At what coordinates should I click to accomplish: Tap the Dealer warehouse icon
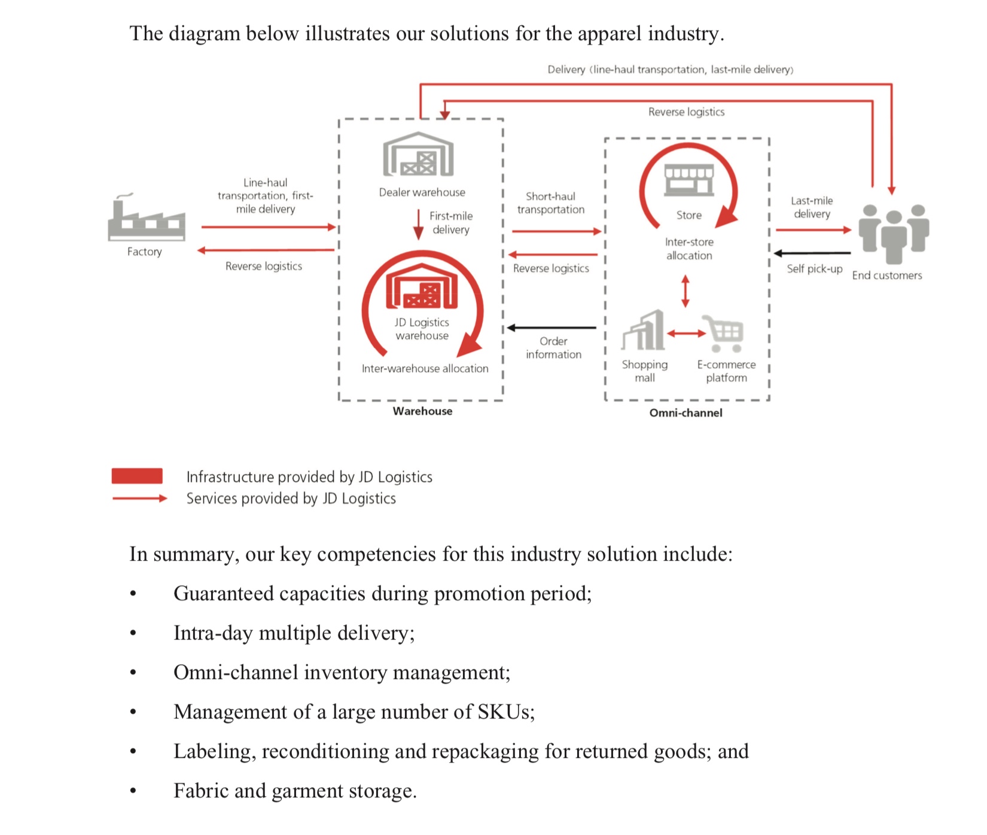pos(419,154)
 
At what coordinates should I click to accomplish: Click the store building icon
pos(689,180)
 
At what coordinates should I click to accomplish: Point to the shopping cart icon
pos(724,333)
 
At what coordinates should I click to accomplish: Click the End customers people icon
pos(894,234)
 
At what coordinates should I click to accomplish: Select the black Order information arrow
pos(552,328)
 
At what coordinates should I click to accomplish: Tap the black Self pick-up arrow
pos(812,253)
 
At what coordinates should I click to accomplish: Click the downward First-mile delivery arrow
pos(418,224)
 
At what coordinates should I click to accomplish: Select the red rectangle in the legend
pos(137,476)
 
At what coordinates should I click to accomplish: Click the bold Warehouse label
pos(422,411)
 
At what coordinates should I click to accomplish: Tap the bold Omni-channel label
pos(686,413)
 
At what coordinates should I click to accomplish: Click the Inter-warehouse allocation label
pos(425,369)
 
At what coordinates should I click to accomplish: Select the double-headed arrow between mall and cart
pos(686,333)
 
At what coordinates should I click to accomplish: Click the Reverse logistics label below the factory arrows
pos(264,267)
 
